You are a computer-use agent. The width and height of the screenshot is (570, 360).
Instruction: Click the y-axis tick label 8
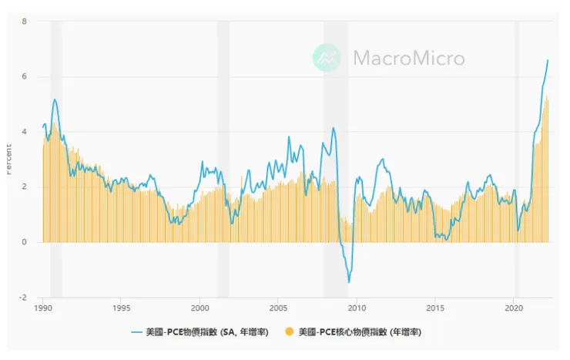pos(25,21)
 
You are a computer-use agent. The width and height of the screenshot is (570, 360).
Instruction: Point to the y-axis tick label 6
pos(25,76)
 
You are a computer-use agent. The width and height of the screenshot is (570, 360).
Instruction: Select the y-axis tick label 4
pos(25,132)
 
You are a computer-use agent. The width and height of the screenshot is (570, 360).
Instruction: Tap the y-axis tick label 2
pos(25,187)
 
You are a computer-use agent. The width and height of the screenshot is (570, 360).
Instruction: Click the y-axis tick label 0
pos(25,242)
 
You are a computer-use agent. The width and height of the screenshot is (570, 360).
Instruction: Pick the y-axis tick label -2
pos(23,298)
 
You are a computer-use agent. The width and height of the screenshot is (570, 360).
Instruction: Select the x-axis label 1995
pos(121,307)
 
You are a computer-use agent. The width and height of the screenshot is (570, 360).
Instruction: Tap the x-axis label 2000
pos(199,307)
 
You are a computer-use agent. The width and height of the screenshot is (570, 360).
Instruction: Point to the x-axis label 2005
pos(278,307)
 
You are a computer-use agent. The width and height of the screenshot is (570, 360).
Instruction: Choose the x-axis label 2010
pos(357,307)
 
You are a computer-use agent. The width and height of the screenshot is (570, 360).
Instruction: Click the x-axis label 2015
pos(436,307)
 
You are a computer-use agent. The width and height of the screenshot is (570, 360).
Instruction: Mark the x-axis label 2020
pos(515,307)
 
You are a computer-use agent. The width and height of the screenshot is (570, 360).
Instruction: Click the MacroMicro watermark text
pos(408,58)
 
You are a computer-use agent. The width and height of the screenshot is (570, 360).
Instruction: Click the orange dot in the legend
pos(290,332)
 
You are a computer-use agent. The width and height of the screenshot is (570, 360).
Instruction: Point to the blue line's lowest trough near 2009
pos(349,282)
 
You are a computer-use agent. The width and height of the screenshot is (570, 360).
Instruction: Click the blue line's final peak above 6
pos(548,60)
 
